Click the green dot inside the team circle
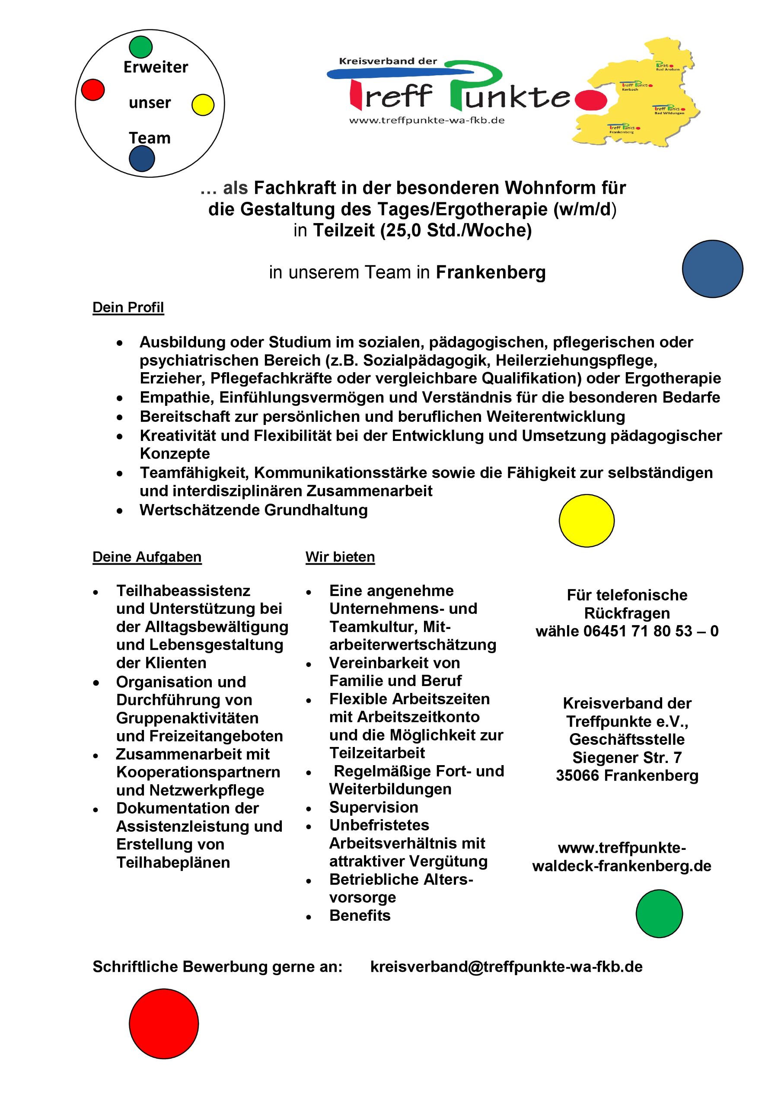140,47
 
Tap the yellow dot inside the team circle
203,105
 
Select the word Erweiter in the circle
156,67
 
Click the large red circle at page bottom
163,1024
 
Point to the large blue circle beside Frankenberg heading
712,269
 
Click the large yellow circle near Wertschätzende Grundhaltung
586,521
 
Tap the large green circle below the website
659,914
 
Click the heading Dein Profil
128,307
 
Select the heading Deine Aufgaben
147,557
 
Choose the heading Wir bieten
340,557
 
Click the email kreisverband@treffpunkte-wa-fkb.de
506,966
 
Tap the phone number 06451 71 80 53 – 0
650,631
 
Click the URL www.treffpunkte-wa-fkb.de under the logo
427,120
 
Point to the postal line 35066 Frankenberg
627,775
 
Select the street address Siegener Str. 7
627,758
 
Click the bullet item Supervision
373,807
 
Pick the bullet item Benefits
360,916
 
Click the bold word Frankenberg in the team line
491,272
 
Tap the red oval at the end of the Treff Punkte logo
590,100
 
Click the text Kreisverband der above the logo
388,61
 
